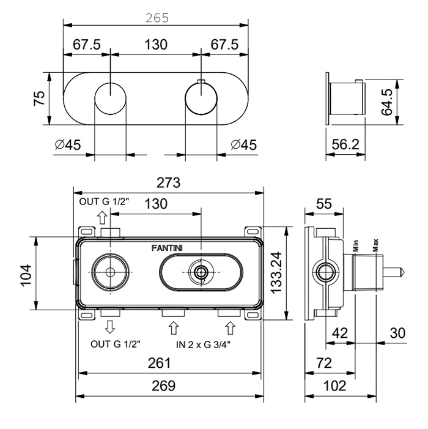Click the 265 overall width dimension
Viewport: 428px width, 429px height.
158,18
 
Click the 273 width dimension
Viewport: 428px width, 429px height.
168,182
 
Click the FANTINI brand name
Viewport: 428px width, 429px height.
168,248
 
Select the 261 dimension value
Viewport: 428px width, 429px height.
160,363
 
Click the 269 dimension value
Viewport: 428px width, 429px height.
163,386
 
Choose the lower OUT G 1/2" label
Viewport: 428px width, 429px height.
116,345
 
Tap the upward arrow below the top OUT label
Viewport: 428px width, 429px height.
102,217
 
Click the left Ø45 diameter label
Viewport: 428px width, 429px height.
68,145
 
